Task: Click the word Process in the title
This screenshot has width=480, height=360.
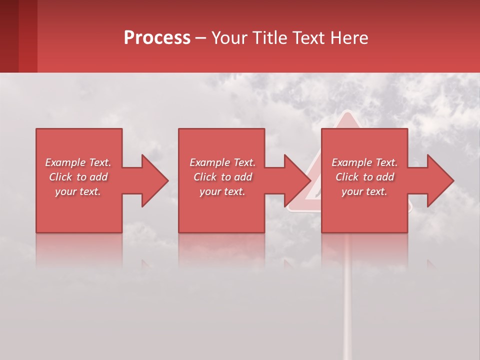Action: tap(157, 38)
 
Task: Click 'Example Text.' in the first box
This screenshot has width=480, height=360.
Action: tap(78, 162)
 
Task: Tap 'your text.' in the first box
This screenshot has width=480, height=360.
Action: tap(78, 191)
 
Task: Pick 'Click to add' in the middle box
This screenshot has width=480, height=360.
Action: tap(222, 177)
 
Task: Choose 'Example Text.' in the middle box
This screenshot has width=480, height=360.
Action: tap(222, 162)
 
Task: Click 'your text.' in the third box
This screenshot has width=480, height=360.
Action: tap(364, 191)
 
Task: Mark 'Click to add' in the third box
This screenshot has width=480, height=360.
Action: tap(364, 177)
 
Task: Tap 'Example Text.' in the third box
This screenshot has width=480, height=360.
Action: tap(364, 162)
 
